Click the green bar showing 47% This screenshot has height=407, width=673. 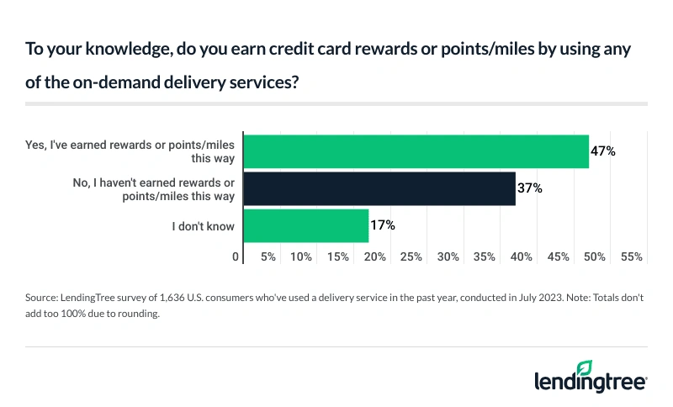tap(416, 151)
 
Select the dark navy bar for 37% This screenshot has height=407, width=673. tap(379, 188)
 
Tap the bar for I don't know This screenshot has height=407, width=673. tap(305, 225)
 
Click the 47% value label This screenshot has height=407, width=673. tap(603, 151)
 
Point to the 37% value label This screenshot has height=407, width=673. tap(530, 188)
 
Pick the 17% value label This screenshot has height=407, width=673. tap(383, 225)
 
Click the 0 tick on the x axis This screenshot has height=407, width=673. tap(236, 256)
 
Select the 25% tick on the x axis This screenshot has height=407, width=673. tap(411, 256)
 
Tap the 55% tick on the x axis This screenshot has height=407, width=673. tap(631, 256)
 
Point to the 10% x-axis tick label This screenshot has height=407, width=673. tap(301, 256)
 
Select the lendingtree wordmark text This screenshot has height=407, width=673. tap(590, 383)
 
